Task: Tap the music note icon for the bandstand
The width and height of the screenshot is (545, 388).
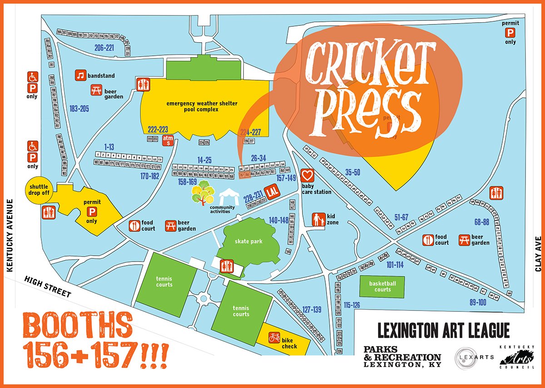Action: (81, 76)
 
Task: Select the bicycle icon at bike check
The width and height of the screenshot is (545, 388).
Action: (274, 338)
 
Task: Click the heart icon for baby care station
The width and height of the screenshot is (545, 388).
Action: (308, 175)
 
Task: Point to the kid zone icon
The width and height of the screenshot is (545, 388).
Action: (318, 219)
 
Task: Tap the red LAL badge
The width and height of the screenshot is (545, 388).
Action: (272, 191)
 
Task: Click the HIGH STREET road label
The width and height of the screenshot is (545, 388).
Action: (48, 287)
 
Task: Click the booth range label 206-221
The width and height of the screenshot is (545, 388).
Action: (104, 47)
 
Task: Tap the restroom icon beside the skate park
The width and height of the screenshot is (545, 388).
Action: (226, 266)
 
